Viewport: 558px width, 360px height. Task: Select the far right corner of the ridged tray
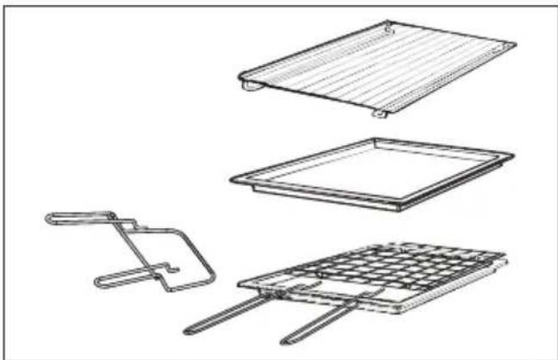coord(514,44)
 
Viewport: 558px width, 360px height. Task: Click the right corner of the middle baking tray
coord(514,155)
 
